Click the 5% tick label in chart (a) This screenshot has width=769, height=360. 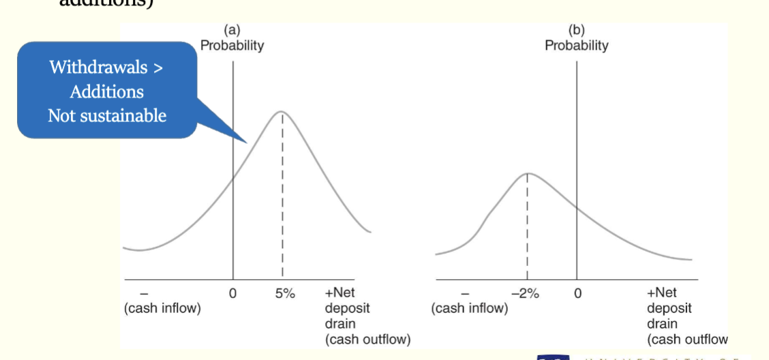click(285, 293)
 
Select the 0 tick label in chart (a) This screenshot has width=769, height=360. click(233, 293)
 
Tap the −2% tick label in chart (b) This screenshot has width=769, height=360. click(526, 293)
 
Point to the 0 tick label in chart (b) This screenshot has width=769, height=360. click(577, 293)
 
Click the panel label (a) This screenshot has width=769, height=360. click(232, 31)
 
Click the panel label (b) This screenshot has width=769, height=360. click(576, 31)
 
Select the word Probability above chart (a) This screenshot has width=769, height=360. click(232, 46)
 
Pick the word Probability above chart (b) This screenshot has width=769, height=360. click(576, 46)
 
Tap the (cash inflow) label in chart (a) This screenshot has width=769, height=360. click(162, 308)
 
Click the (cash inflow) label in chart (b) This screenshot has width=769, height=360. click(470, 308)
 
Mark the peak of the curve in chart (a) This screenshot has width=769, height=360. click(282, 111)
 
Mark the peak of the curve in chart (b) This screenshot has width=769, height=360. click(526, 173)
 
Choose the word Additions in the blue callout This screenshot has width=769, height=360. click(106, 91)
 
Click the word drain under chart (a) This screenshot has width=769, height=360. click(340, 323)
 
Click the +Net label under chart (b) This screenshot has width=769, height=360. click(661, 293)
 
